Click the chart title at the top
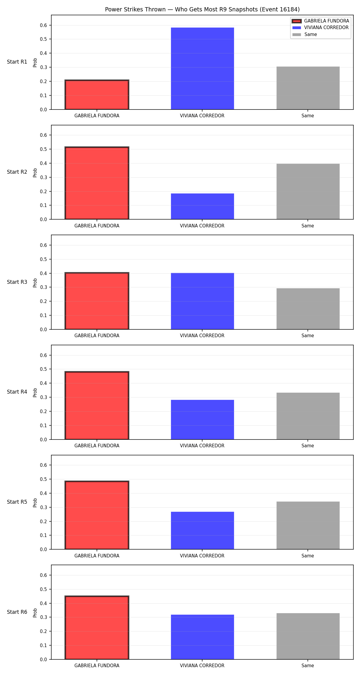pyautogui.click(x=202, y=9)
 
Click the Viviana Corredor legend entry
pyautogui.click(x=320, y=28)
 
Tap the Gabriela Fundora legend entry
pyautogui.click(x=320, y=21)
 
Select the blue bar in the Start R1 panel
pyautogui.click(x=202, y=68)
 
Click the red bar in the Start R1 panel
pyautogui.click(x=97, y=95)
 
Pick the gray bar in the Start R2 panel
pyautogui.click(x=308, y=191)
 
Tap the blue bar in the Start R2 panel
pyautogui.click(x=202, y=206)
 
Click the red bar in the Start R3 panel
pyautogui.click(x=97, y=301)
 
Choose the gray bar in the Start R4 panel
pyautogui.click(x=308, y=416)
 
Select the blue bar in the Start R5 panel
pyautogui.click(x=202, y=530)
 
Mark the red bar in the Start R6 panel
pyautogui.click(x=97, y=628)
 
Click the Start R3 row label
pyautogui.click(x=17, y=282)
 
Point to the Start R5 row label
pyautogui.click(x=17, y=502)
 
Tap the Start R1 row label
pyautogui.click(x=17, y=62)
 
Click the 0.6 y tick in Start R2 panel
pyautogui.click(x=43, y=135)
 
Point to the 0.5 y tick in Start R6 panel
pyautogui.click(x=43, y=589)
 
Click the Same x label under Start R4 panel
pyautogui.click(x=308, y=446)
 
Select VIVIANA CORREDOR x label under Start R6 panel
pyautogui.click(x=202, y=666)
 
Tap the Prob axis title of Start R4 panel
pyautogui.click(x=35, y=392)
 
